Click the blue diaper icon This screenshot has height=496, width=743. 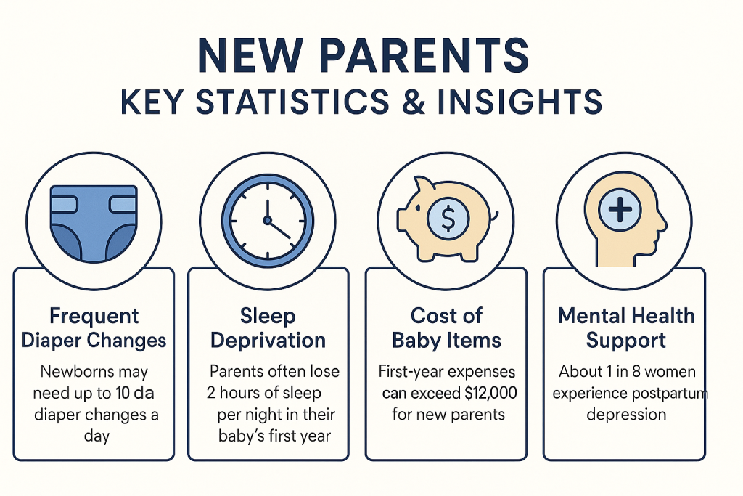(x=94, y=221)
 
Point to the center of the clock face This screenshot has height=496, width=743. (x=268, y=219)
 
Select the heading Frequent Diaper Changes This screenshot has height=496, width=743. (x=94, y=328)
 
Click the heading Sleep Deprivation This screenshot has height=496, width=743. (x=268, y=328)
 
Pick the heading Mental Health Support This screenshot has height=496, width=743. (x=625, y=328)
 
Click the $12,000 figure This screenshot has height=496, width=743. (x=482, y=394)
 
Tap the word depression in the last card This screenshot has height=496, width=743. (x=625, y=415)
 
